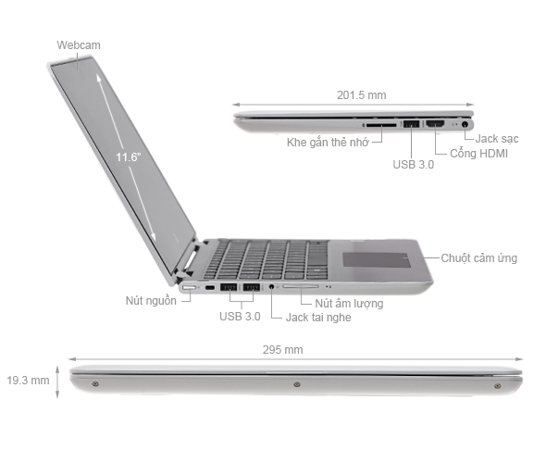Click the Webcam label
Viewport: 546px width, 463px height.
[x=78, y=44]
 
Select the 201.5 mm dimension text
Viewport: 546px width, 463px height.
[x=360, y=94]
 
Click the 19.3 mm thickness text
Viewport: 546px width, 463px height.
[x=28, y=381]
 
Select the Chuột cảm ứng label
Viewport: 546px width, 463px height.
[x=478, y=257]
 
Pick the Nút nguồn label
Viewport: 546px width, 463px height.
[x=151, y=301]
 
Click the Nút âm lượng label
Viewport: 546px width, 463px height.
[x=348, y=303]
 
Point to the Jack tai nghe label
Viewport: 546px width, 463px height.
[x=318, y=317]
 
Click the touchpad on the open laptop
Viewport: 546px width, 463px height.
[x=377, y=257]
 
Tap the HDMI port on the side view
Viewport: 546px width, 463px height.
[x=435, y=122]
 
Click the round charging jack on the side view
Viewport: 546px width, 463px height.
[x=465, y=122]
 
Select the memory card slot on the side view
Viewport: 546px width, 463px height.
[x=380, y=122]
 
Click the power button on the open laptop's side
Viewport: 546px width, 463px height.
[x=189, y=288]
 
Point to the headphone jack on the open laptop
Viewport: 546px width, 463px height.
[x=271, y=288]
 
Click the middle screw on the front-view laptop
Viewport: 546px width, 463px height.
[x=296, y=383]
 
